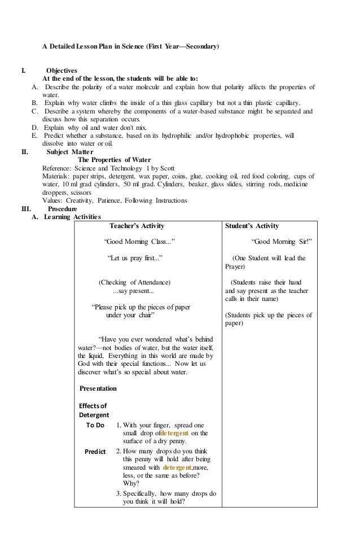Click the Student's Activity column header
coord(252,226)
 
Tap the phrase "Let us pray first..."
coord(135,258)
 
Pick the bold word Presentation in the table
coord(98,388)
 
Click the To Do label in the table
coord(95,425)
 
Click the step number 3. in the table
coord(118,493)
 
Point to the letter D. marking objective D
coord(35,128)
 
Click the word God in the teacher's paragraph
coord(85,364)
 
